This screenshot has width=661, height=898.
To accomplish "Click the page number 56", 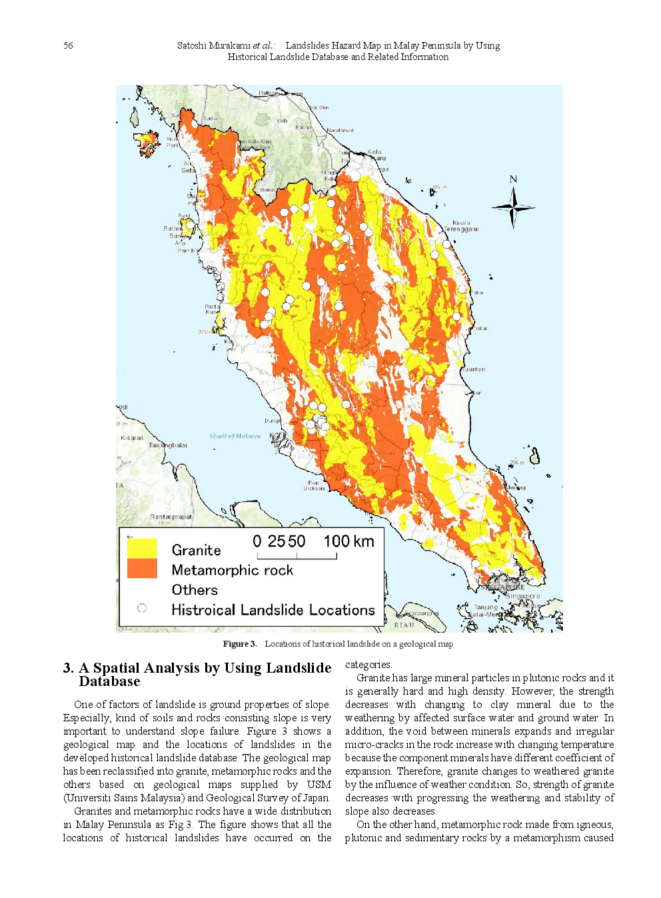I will pos(68,45).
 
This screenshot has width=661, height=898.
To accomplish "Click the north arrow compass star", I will pos(513,207).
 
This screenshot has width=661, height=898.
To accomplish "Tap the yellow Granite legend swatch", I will pos(142,548).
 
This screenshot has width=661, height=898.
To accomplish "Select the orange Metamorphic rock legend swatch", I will pos(142,569).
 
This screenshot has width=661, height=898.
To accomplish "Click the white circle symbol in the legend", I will pos(142,608).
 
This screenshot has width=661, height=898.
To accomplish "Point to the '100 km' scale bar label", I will pos(348,541).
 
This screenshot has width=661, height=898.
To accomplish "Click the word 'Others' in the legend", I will pos(195,590).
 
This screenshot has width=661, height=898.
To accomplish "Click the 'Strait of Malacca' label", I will pos(235,436).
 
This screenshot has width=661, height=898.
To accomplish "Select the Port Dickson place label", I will pos(314,485).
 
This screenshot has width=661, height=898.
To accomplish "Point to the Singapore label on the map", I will pos(523,596).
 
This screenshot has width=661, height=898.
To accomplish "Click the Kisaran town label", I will pos(132,438).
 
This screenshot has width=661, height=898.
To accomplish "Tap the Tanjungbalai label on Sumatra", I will pos(168,445).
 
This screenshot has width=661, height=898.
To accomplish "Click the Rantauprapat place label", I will pos(171,517).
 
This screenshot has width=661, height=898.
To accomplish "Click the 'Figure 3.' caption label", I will pos(240,644).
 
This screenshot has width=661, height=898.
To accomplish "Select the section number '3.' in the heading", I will pos(68,668).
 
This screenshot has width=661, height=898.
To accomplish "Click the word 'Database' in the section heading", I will pos(109,681).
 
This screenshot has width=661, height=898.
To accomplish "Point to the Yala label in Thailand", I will pos(282,121).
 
